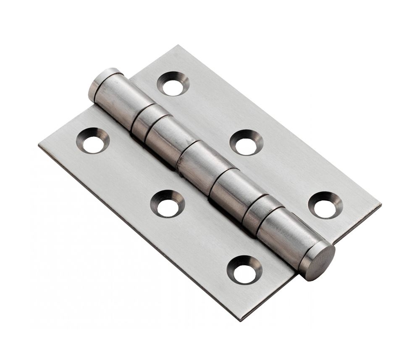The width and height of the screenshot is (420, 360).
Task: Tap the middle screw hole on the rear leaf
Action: point(246,145)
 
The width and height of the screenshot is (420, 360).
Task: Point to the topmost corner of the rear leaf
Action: point(178,46)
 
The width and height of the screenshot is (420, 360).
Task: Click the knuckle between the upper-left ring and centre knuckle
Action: point(166,139)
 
